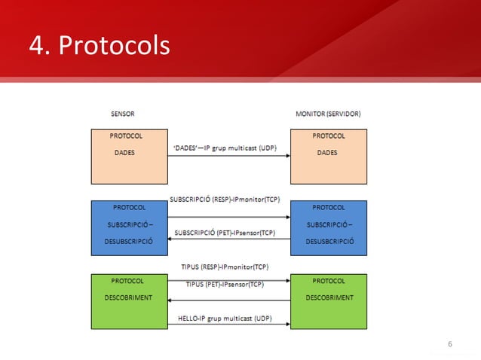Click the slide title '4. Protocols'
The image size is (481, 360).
point(100,46)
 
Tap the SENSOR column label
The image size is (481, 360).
point(123,114)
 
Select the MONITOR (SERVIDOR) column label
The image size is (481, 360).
point(328,114)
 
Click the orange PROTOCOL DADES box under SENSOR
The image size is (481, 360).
point(128,154)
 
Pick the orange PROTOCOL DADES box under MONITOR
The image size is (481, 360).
point(329,154)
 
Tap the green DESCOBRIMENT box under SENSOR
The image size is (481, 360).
point(128,301)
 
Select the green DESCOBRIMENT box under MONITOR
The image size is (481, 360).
point(329,301)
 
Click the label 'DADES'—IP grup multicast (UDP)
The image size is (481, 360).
point(224,148)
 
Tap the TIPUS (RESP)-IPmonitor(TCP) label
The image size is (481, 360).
point(225,267)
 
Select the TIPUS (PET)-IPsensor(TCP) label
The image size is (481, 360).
point(225,285)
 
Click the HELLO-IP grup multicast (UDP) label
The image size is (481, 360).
point(225,318)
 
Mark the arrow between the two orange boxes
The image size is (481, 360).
point(228,156)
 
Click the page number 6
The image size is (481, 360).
point(450,345)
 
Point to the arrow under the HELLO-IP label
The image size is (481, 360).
point(228,325)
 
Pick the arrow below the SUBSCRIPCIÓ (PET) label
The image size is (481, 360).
point(228,239)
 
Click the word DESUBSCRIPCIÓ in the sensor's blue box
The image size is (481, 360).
point(128,241)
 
